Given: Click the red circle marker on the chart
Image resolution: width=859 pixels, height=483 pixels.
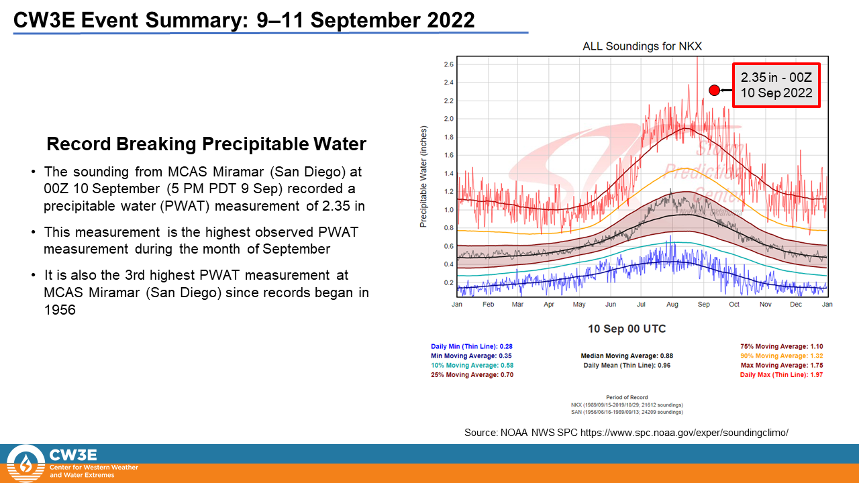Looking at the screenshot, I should [x=714, y=90].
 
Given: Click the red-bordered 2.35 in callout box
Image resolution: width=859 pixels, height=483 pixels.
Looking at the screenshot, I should [x=776, y=85].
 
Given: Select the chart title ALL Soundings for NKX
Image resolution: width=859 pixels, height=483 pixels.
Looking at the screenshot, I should [x=643, y=46].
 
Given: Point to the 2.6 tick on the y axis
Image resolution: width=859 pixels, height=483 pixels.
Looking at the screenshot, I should [x=448, y=64].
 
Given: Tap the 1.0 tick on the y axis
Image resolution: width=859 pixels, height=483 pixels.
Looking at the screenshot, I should [x=448, y=209].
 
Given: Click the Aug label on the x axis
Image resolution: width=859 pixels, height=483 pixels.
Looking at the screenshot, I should [x=672, y=305].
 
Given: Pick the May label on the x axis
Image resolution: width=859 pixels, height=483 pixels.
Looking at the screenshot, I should [x=578, y=305].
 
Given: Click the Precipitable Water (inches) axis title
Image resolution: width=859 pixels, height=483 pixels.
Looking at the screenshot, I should [x=423, y=175].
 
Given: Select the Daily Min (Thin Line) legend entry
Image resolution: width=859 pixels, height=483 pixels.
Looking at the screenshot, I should [x=471, y=347].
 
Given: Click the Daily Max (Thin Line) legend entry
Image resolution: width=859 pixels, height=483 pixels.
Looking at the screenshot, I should [x=781, y=375].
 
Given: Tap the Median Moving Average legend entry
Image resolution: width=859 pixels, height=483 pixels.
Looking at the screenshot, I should [x=627, y=356].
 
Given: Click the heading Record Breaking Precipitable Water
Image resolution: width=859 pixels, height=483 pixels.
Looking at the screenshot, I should [x=206, y=144].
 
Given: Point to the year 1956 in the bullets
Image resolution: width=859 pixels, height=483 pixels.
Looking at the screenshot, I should [x=59, y=311].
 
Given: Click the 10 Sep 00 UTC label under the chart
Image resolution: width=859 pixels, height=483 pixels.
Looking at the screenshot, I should [x=627, y=329].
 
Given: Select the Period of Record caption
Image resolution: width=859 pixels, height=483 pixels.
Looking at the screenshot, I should [x=627, y=397].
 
